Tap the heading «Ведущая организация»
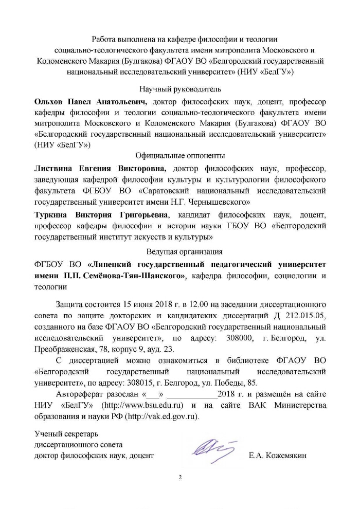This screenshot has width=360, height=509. [x=184, y=252]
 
